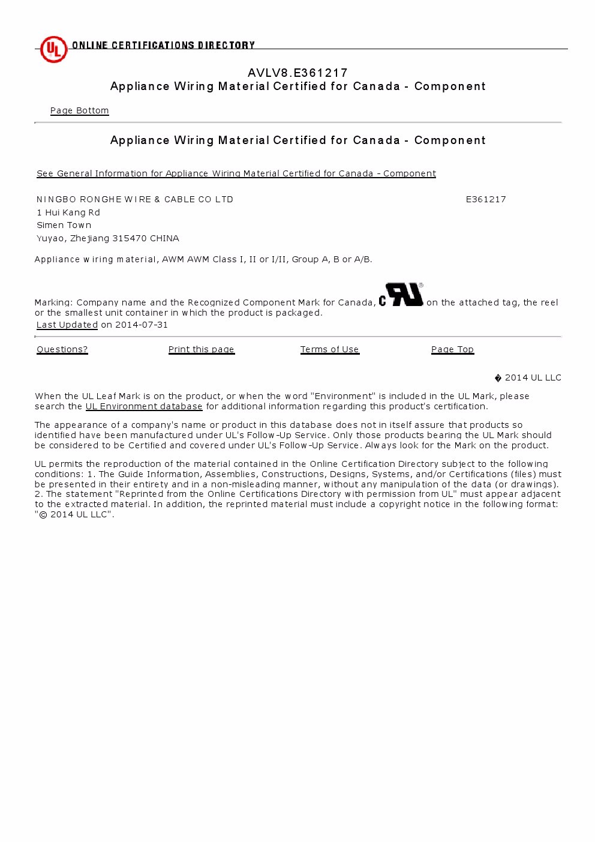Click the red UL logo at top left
[53, 49]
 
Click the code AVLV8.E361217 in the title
[297, 73]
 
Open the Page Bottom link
[79, 110]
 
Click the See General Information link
[236, 173]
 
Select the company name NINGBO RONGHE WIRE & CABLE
[135, 199]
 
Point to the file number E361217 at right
[486, 199]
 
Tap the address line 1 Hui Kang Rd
[68, 212]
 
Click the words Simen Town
[64, 225]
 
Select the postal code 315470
[130, 238]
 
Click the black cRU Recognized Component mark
[401, 295]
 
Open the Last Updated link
[67, 325]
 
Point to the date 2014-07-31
[142, 325]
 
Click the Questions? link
[62, 349]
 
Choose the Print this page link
[202, 349]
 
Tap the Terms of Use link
[329, 349]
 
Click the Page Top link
[452, 349]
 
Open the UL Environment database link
[144, 406]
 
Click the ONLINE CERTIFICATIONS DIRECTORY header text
[163, 45]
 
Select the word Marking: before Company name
[54, 302]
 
